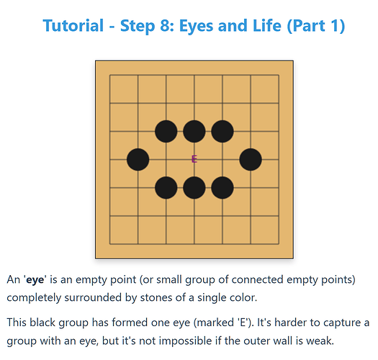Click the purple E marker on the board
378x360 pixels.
(x=194, y=159)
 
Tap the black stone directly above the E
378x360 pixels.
(x=194, y=132)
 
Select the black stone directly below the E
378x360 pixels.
(x=194, y=188)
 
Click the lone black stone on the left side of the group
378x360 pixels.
(x=138, y=160)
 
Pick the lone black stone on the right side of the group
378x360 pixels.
(x=251, y=160)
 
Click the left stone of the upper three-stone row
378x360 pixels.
(x=166, y=132)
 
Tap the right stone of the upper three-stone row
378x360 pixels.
(x=222, y=132)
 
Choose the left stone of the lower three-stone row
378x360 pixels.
(x=166, y=188)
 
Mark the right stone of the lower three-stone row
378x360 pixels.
(x=222, y=188)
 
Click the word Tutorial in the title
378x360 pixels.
(x=73, y=25)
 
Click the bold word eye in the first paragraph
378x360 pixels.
(x=35, y=279)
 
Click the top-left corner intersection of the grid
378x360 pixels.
(x=110, y=75)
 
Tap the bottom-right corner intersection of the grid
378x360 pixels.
(x=279, y=244)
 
